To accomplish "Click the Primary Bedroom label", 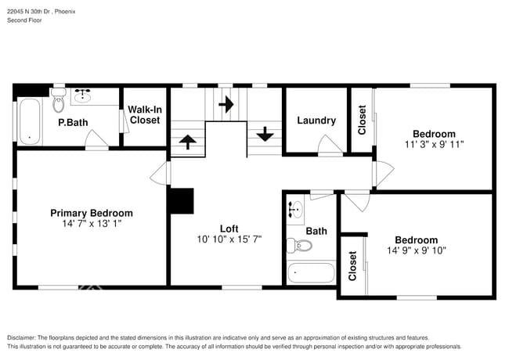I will tap(92, 213).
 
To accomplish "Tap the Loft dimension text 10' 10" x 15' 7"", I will tap(229, 239).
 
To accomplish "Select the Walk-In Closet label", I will tap(144, 115).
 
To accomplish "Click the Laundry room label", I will tap(316, 121).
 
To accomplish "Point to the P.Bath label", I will tap(72, 123).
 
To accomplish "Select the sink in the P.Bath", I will tap(83, 97).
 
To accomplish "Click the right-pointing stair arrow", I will tap(226, 104).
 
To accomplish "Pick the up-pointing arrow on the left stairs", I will tap(188, 142).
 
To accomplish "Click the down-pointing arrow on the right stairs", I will tap(265, 133).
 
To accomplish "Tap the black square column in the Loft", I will tap(182, 200).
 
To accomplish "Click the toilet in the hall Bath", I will tap(299, 246).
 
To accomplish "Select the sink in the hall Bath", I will tap(296, 210).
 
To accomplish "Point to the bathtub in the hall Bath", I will tap(311, 273).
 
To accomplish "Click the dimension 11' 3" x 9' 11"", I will tap(435, 145).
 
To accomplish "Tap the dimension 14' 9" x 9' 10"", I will tap(416, 251).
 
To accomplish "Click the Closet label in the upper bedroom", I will tap(362, 120).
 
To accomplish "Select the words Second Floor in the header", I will tap(24, 20).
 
